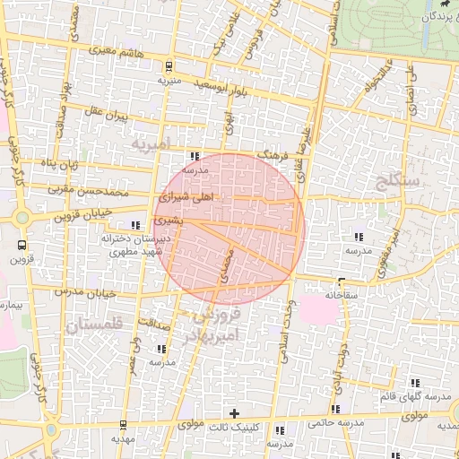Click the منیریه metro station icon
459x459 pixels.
(168, 65)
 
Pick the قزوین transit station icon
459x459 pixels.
(22, 244)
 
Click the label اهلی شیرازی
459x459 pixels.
(186, 195)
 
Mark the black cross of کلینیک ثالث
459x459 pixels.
(235, 413)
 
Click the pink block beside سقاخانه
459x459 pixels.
(319, 309)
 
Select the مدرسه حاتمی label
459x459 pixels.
(335, 421)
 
